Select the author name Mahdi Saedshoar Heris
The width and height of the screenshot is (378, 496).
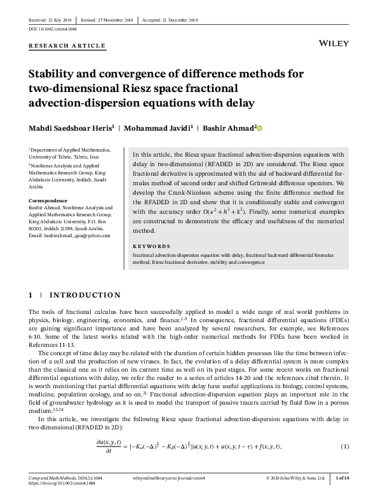[x=72, y=127]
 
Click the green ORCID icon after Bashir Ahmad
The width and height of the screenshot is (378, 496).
[x=259, y=127]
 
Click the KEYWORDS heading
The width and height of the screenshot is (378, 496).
[x=151, y=245]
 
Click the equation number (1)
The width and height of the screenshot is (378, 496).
[x=345, y=447]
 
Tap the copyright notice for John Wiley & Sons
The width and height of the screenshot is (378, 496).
[x=295, y=478]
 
